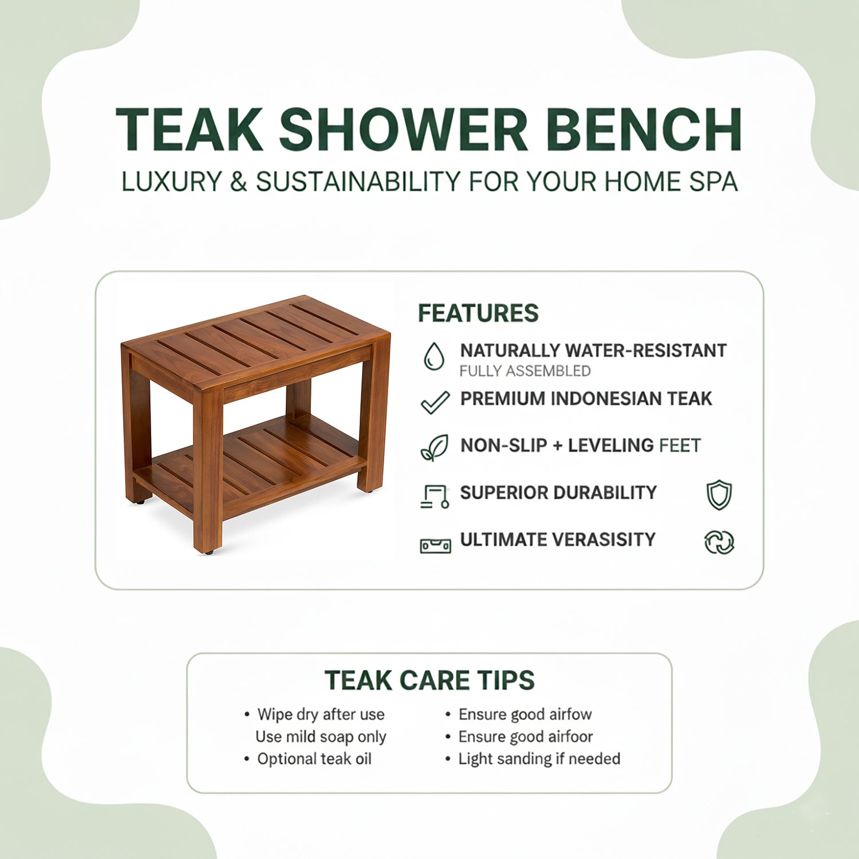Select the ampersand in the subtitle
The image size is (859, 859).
[x=238, y=182]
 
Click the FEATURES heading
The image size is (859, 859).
[x=478, y=313]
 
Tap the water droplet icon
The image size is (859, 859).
[x=434, y=356]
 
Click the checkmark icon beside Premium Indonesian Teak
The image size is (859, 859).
[x=435, y=402]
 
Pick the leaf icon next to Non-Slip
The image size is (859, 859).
[x=435, y=448]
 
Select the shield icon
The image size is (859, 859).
[x=719, y=495]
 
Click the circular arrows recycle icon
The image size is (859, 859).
[x=719, y=542]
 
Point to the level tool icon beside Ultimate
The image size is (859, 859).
[x=435, y=545]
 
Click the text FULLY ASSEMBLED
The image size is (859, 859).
[x=525, y=371]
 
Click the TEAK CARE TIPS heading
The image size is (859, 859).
[x=429, y=680]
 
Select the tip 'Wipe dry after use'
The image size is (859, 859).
[x=321, y=714]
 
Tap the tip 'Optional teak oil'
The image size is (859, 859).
[x=314, y=759]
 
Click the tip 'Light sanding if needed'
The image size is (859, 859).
[x=539, y=759]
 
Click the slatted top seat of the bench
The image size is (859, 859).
[x=258, y=338]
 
